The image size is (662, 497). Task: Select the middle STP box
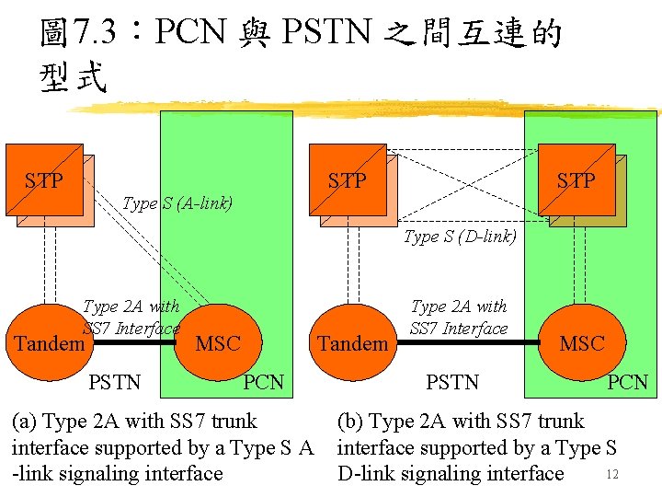pyautogui.click(x=348, y=180)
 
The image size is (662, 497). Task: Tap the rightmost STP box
pyautogui.click(x=576, y=180)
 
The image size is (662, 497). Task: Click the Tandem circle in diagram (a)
pyautogui.click(x=47, y=343)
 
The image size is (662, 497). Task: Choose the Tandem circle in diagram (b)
pyautogui.click(x=352, y=343)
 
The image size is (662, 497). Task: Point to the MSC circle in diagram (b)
pyautogui.click(x=581, y=343)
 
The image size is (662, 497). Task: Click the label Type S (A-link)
pyautogui.click(x=177, y=202)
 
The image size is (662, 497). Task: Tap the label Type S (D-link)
pyautogui.click(x=460, y=237)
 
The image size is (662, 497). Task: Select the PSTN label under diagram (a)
pyautogui.click(x=115, y=381)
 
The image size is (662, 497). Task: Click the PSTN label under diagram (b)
pyautogui.click(x=452, y=381)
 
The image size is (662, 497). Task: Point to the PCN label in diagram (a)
pyautogui.click(x=264, y=381)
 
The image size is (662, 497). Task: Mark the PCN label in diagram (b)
pyautogui.click(x=628, y=381)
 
